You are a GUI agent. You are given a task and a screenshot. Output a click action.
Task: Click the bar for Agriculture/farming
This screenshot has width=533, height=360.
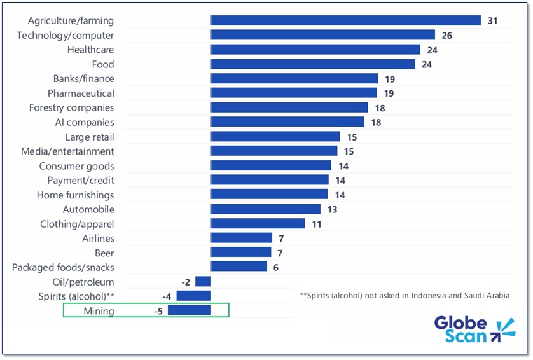345,20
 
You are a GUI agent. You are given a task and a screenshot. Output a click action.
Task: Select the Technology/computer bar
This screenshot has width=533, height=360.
322,35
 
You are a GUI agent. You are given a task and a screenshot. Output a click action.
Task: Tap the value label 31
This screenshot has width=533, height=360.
492,20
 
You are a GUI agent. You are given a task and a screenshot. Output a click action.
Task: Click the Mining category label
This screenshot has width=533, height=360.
99,311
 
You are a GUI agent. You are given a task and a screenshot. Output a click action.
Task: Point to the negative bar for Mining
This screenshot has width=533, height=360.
189,310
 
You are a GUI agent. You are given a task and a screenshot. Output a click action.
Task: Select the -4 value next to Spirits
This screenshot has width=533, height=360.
166,296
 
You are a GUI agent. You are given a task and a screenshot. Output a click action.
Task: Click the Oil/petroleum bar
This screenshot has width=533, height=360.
203,281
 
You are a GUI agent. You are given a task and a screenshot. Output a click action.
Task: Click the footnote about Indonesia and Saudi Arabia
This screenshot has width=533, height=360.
404,296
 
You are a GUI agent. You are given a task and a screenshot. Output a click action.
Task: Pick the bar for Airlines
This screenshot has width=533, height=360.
241,238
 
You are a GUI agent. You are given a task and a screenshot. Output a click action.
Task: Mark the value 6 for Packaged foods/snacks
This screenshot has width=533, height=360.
276,267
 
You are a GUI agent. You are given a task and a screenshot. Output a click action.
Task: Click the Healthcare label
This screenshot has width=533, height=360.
90,50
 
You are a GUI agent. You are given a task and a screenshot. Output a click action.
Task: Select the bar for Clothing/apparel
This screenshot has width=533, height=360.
258,223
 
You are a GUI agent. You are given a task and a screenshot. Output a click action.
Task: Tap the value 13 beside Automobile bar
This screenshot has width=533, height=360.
331,209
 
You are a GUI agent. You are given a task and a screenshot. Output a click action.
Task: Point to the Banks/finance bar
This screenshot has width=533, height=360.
294,78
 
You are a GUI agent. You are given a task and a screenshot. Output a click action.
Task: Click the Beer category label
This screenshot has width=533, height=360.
104,253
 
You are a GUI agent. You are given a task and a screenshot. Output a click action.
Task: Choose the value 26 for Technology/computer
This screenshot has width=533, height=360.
446,35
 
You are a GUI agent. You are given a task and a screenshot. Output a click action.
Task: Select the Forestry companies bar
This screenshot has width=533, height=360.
289,107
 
